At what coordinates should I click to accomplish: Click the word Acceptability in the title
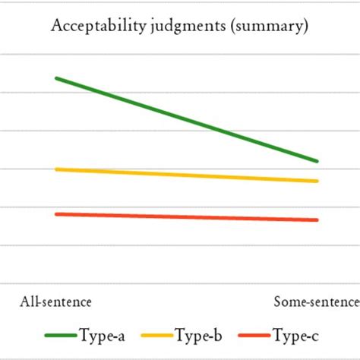pos(90,27)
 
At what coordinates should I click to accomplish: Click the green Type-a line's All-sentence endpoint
pos(56,78)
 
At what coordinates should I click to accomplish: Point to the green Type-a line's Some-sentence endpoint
pos(317,161)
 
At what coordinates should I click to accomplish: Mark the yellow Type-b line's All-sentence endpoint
pos(56,169)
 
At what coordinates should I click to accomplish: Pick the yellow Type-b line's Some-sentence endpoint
pos(317,181)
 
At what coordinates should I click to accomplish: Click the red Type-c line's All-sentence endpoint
pos(56,214)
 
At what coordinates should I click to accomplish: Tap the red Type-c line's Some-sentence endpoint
pos(317,220)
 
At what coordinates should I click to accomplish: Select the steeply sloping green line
pos(186,119)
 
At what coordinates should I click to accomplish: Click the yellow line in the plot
pos(186,175)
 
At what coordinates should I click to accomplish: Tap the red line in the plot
pos(186,217)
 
